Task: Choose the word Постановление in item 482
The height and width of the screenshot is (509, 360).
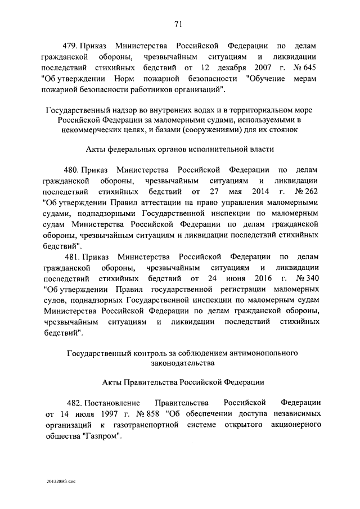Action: [x=118, y=403]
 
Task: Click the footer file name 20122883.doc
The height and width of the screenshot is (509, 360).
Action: [x=61, y=482]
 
